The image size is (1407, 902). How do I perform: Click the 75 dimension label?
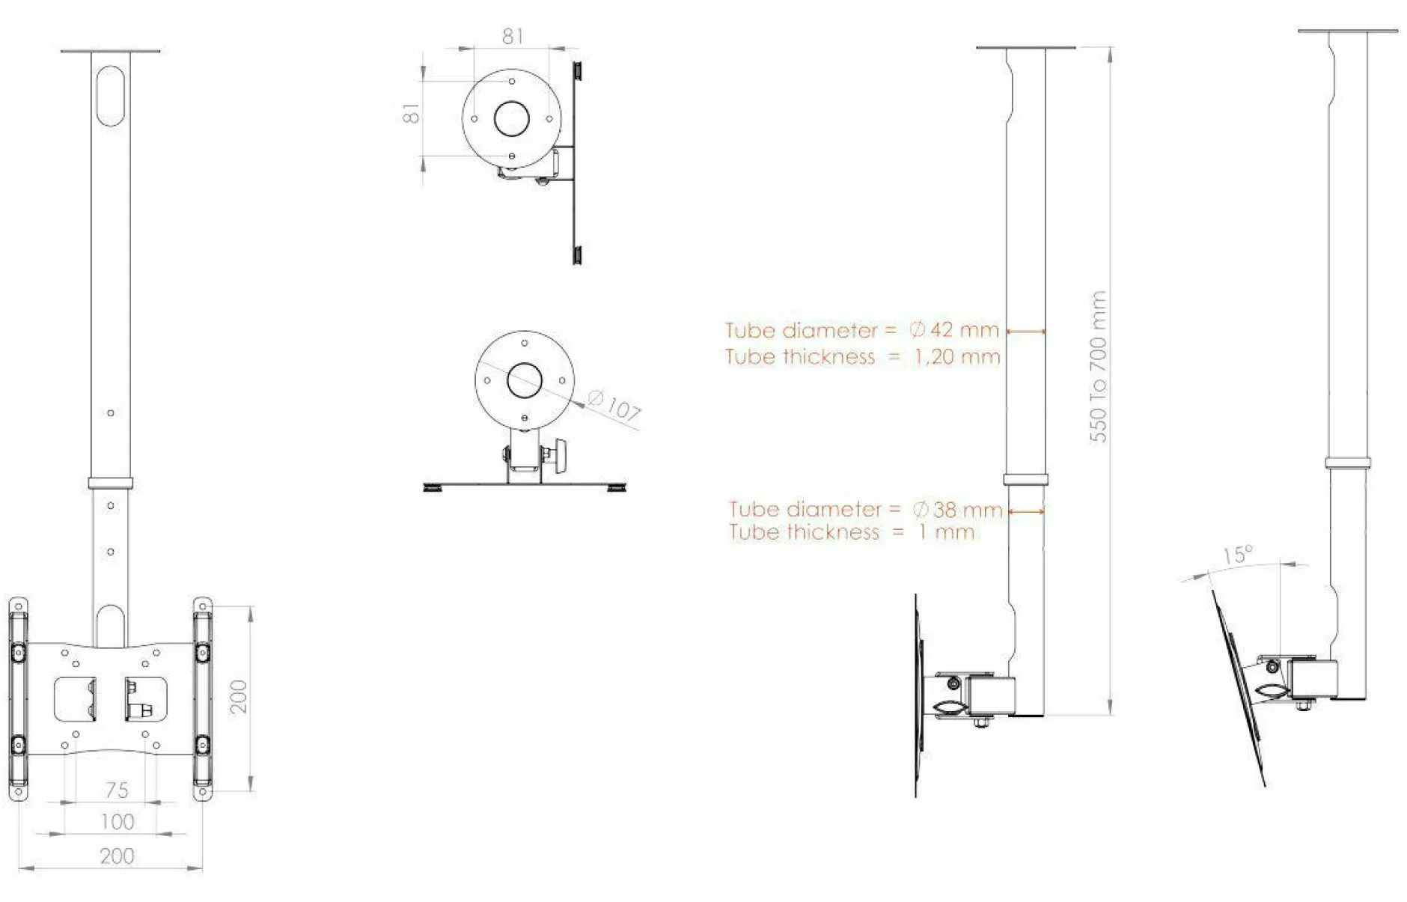point(117,790)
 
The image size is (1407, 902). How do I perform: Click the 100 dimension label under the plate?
point(117,822)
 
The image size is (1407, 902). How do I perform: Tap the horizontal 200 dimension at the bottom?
point(117,856)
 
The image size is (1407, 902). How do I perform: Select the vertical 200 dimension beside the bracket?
point(238,696)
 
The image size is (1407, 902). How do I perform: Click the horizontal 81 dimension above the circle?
point(513,36)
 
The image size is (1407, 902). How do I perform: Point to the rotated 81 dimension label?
point(411,114)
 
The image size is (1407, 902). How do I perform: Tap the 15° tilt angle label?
point(1238,555)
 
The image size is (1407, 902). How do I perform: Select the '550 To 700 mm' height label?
point(1098,367)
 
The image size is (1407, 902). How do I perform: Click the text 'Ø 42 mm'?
point(954,329)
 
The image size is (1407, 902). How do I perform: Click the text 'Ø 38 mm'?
point(957,510)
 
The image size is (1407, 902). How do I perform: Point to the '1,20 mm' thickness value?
point(957,356)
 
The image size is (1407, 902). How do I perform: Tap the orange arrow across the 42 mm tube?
point(1026,331)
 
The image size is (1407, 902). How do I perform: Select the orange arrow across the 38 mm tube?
point(1027,511)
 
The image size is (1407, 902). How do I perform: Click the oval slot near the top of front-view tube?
point(111,96)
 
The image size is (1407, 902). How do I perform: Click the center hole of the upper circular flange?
point(512,118)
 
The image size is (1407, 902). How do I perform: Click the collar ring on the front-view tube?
point(111,483)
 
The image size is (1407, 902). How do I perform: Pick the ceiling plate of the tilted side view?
point(1347,31)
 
